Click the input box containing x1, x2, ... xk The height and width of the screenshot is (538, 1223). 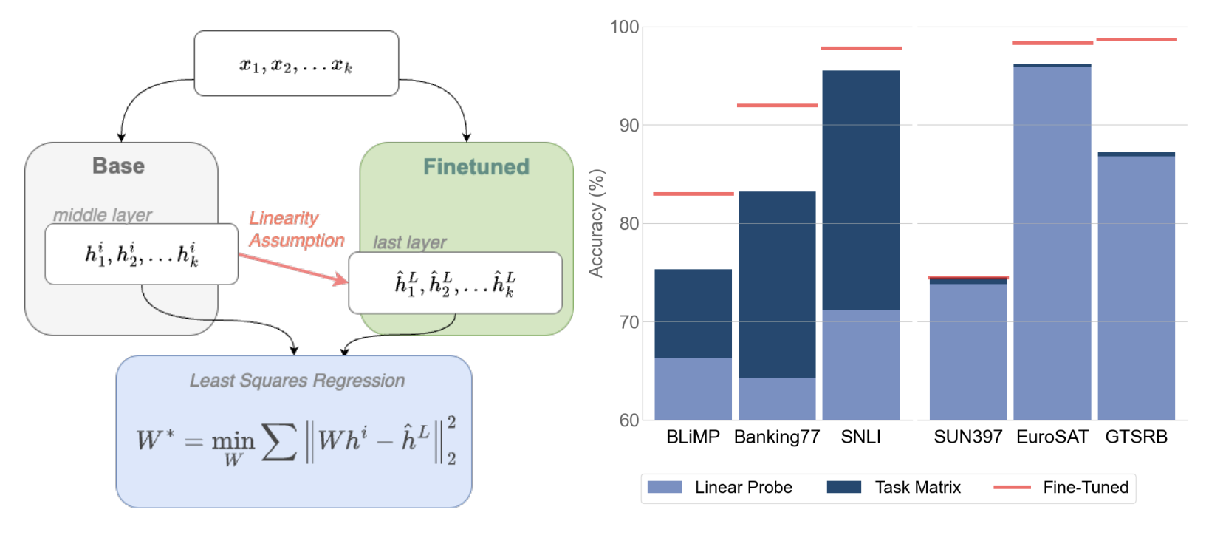tap(296, 64)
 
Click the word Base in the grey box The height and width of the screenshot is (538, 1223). tap(118, 166)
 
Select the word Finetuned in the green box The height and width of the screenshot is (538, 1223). tap(476, 167)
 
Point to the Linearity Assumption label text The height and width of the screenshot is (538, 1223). tap(295, 229)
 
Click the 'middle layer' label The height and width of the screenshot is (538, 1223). tap(102, 215)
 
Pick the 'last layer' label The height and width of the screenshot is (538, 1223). tap(409, 242)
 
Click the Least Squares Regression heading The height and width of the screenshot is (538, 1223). tap(297, 381)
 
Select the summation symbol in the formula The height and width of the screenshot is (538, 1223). tap(279, 442)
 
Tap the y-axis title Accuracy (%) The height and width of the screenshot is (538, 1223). tap(596, 223)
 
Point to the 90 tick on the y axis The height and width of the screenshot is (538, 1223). tap(628, 126)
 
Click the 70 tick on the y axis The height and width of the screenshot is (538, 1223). tap(628, 322)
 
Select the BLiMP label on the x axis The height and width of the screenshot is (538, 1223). tap(693, 437)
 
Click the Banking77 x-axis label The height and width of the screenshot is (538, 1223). tap(777, 437)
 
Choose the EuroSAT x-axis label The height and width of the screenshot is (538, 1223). tap(1052, 437)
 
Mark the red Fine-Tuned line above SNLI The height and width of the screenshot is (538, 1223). tap(861, 48)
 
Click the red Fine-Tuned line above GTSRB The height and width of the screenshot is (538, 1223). tap(1136, 39)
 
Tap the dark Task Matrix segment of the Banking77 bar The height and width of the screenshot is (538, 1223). tap(777, 285)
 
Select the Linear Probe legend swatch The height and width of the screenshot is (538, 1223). tap(664, 487)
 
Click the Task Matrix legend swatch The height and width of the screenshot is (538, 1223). tap(843, 487)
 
